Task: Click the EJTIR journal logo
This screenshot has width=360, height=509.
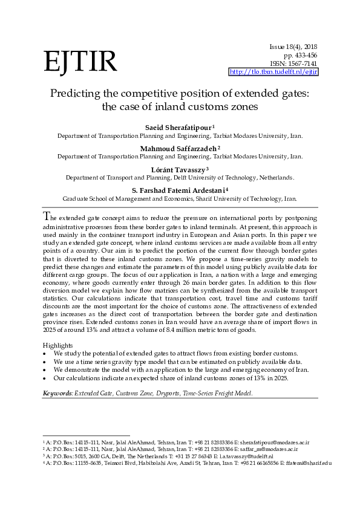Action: coord(79,61)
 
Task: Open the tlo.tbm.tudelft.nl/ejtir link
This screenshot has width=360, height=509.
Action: coord(273,72)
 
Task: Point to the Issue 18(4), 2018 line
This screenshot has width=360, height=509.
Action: coord(293,47)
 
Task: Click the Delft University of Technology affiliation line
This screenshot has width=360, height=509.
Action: coord(180,178)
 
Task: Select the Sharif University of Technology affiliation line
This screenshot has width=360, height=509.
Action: coord(180,198)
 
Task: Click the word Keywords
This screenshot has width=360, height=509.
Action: coord(57,393)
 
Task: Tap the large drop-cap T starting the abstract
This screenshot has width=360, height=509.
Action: coord(47,217)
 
